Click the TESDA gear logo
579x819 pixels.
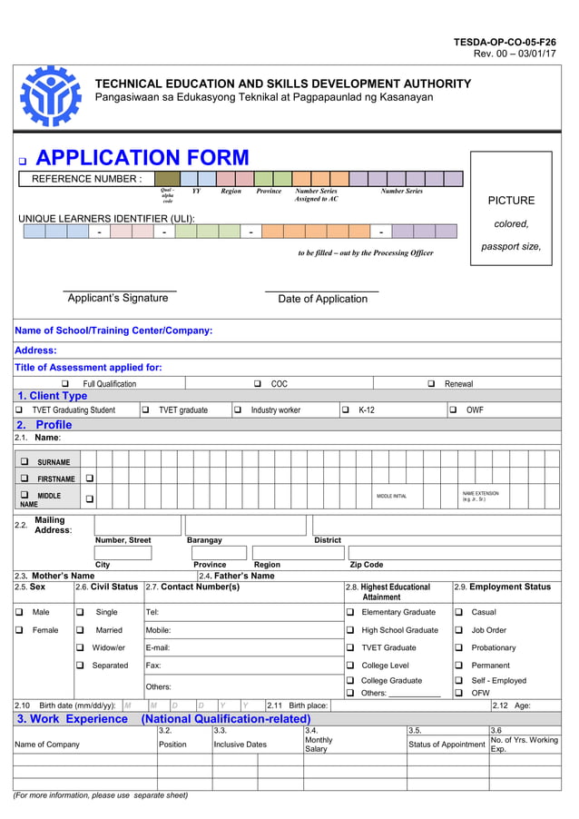click(x=51, y=95)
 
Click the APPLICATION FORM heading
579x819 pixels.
click(x=142, y=159)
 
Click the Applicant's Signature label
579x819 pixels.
click(x=118, y=298)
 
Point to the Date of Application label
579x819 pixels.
click(x=322, y=299)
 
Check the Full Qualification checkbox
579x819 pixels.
click(x=64, y=384)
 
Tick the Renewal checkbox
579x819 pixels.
click(x=431, y=384)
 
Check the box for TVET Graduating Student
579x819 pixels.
click(x=19, y=410)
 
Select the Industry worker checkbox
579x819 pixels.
click(x=238, y=410)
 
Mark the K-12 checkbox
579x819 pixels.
click(x=346, y=410)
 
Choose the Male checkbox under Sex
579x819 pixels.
click(x=19, y=612)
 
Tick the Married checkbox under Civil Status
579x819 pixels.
click(x=80, y=630)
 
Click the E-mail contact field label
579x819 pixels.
click(x=158, y=647)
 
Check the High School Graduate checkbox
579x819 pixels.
click(x=350, y=630)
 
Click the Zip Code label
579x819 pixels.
click(x=367, y=565)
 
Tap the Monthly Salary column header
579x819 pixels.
click(x=319, y=745)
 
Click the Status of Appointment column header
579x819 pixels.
click(x=447, y=745)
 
